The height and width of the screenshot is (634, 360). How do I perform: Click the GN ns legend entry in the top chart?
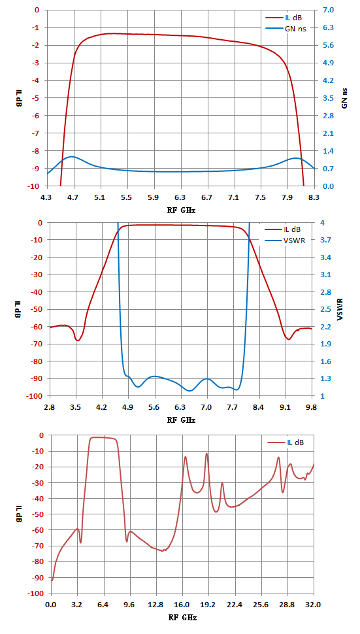pyautogui.click(x=284, y=29)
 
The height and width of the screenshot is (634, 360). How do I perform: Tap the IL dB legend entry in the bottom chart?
pyautogui.click(x=286, y=442)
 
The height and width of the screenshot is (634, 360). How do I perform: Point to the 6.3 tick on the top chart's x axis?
pyautogui.click(x=180, y=198)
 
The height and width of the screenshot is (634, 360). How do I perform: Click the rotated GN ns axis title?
pyautogui.click(x=344, y=98)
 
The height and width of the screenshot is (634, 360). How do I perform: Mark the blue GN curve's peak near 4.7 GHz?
pyautogui.click(x=71, y=156)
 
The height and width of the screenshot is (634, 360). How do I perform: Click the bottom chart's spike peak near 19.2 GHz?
pyautogui.click(x=206, y=454)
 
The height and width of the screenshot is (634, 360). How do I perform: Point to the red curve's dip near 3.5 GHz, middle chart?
pyautogui.click(x=78, y=341)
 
